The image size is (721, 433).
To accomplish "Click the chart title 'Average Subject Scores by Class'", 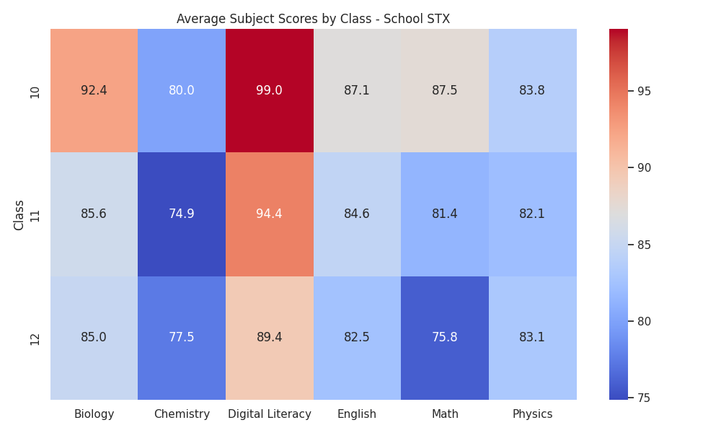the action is tap(274, 19).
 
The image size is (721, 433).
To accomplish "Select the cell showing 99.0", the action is tap(270, 91).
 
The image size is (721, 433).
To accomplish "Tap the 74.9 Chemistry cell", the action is tap(182, 214).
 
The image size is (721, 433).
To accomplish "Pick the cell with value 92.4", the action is tap(94, 91).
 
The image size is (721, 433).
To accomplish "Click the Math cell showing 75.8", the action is tap(445, 338).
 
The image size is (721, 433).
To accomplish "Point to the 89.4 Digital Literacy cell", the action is tap(270, 338).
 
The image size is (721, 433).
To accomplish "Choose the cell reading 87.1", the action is tap(358, 91).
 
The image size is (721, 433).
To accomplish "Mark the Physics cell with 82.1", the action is tap(533, 214).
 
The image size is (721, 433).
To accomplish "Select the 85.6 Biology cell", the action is tap(94, 214).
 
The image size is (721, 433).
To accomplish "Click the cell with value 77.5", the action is tap(182, 338).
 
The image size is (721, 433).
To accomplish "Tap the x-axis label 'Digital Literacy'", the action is tap(270, 414).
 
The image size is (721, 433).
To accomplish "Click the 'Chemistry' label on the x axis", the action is tap(182, 414).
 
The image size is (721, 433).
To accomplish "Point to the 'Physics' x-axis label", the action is tap(533, 414).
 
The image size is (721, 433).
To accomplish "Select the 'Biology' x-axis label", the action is tap(94, 414).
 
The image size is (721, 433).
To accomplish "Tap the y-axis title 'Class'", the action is tap(19, 215).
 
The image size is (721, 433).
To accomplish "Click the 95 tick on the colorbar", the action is tap(644, 92).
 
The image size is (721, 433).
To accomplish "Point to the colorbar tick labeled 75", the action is tap(644, 398).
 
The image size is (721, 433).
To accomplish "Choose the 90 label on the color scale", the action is tap(644, 168).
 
